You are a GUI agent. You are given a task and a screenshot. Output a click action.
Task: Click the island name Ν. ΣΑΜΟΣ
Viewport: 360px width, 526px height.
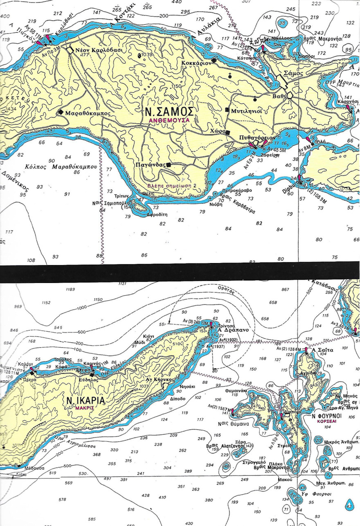click(169, 111)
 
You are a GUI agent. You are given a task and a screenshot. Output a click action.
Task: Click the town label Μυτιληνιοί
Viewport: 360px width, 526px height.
click(247, 110)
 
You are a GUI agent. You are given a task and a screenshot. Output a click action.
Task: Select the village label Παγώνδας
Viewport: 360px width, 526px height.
click(150, 165)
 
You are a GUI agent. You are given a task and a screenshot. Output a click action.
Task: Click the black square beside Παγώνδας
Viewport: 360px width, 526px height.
click(168, 164)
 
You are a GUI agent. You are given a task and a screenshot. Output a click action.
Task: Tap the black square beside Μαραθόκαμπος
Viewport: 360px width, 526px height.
click(61, 112)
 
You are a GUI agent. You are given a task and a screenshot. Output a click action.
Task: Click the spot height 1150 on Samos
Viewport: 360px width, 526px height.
click(176, 86)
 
